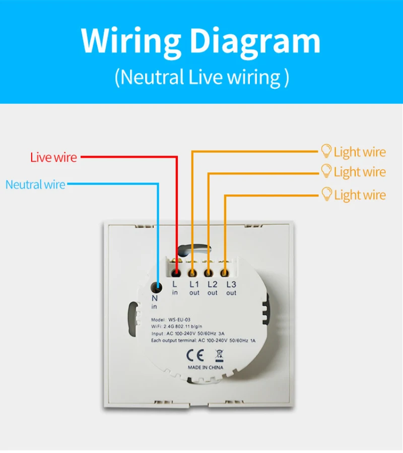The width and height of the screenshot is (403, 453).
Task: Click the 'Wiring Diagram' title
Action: (x=200, y=41)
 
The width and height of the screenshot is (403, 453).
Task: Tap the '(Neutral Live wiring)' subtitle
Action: (x=202, y=77)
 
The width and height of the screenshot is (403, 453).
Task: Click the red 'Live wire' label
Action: (x=53, y=157)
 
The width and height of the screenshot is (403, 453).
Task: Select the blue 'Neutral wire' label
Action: (x=35, y=184)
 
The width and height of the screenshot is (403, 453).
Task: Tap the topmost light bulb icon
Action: (x=326, y=151)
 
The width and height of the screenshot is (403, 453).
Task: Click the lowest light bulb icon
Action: (x=327, y=193)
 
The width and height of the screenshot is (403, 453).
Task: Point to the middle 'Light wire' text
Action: (x=360, y=172)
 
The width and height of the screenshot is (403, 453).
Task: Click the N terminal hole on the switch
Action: (x=158, y=287)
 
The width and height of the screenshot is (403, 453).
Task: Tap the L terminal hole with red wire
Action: (x=176, y=273)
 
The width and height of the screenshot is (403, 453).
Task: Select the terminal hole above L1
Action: (x=192, y=273)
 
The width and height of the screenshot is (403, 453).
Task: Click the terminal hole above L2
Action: (x=209, y=273)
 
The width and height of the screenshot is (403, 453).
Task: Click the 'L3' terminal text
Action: (x=231, y=285)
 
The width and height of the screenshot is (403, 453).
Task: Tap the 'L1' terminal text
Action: (x=194, y=285)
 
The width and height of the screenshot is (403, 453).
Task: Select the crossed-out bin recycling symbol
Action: (x=219, y=355)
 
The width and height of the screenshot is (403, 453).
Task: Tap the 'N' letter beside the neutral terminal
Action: (x=154, y=298)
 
